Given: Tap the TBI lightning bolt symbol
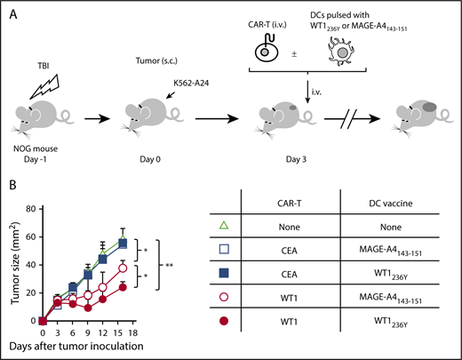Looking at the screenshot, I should (x=54, y=86).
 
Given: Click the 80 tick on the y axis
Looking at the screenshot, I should (x=34, y=210).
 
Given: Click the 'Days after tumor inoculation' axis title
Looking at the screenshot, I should (x=80, y=346).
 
